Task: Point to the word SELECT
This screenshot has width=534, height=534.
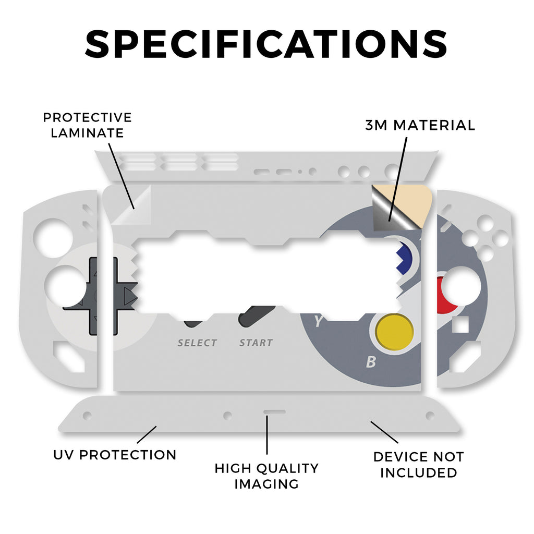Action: coord(197,343)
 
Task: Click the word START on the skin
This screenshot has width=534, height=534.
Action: coord(256,343)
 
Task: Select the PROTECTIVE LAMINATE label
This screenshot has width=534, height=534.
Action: coord(87,125)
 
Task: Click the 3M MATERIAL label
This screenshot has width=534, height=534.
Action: coord(420,125)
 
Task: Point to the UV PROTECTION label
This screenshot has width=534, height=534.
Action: coord(115,454)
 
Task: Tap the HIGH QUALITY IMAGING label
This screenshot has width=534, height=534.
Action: coord(266,476)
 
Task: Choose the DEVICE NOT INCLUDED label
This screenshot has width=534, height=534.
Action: coord(418,465)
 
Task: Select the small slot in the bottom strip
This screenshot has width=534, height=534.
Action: coord(274,411)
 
